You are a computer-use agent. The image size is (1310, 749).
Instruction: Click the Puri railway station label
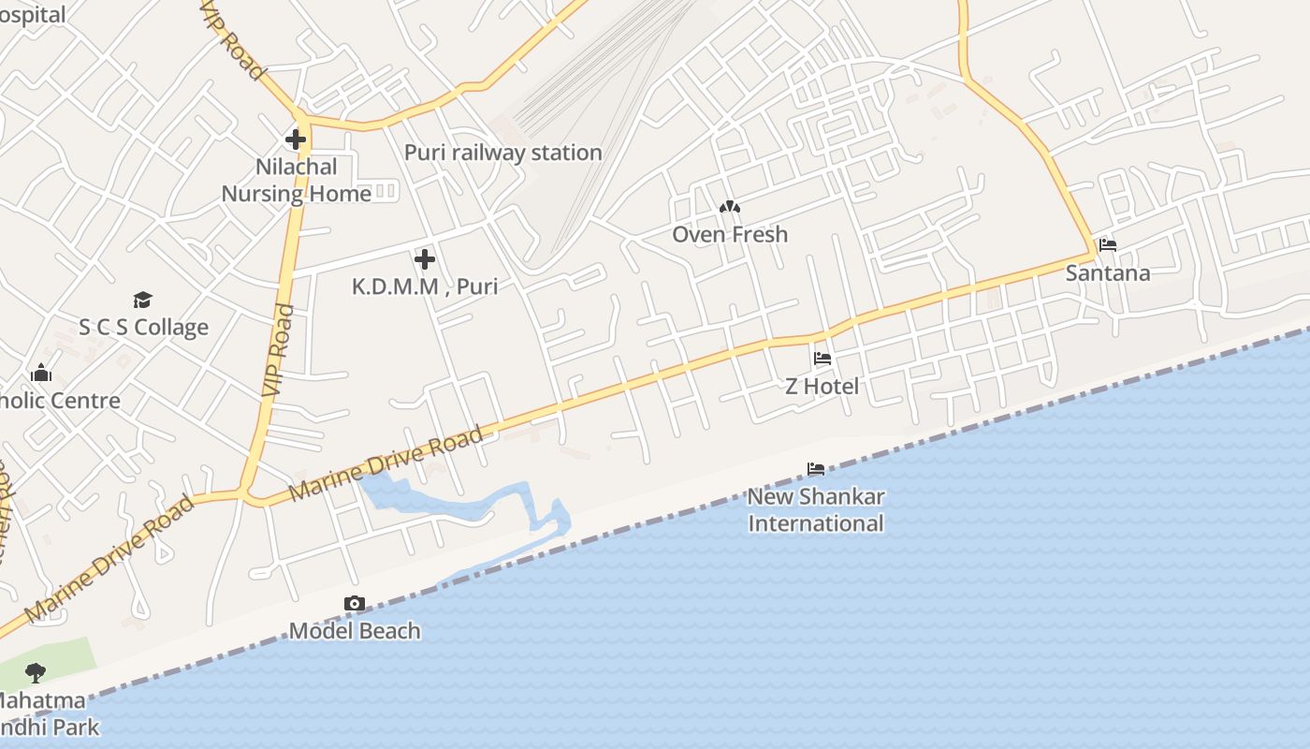[x=502, y=153]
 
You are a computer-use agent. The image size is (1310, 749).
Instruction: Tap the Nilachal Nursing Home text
[x=297, y=180]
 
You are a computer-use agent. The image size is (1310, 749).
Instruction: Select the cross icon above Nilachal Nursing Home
[x=296, y=140]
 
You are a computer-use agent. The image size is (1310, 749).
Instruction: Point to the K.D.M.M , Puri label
[x=425, y=286]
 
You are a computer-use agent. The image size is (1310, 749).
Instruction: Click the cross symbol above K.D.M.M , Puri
[x=425, y=258]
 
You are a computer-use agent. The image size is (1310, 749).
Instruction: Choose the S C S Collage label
[x=143, y=328]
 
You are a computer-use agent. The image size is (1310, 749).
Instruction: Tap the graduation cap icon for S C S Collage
[x=142, y=300]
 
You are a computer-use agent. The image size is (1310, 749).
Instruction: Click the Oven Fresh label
[x=730, y=234]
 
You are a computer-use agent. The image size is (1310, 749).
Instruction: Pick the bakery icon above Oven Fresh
[x=730, y=206]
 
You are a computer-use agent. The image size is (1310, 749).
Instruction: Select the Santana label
[x=1108, y=273]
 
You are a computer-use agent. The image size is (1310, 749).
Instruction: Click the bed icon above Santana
[x=1108, y=245]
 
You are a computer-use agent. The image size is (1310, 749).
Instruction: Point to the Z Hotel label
[x=822, y=386]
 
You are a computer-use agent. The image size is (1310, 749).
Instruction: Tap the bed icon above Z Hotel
[x=822, y=358]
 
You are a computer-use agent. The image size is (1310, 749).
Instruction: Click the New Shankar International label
[x=816, y=510]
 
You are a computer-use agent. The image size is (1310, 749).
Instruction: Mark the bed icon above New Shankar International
[x=816, y=468]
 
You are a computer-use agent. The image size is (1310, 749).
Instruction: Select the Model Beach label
[x=355, y=631]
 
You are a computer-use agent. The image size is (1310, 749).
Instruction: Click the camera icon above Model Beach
[x=354, y=604]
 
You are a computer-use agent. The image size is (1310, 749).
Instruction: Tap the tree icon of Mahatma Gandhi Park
[x=36, y=671]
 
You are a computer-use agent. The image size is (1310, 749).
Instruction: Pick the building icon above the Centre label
[x=40, y=374]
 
